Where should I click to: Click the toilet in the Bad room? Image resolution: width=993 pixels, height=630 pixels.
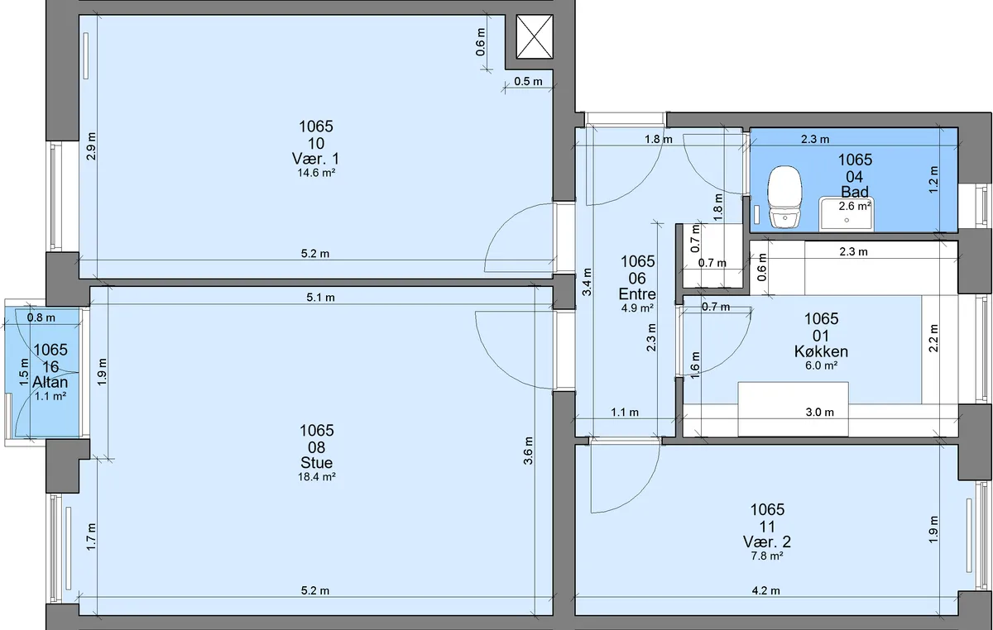(x=785, y=197)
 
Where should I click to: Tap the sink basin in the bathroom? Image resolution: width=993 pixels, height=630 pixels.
(x=847, y=214)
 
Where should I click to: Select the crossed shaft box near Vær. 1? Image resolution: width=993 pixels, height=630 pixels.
(x=535, y=36)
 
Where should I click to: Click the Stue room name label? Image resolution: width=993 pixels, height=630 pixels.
(x=316, y=462)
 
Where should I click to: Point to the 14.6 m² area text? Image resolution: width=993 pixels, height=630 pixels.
(x=316, y=173)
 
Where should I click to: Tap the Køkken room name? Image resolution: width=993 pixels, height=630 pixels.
(x=821, y=351)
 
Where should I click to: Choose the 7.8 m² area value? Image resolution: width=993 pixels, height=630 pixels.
(x=767, y=556)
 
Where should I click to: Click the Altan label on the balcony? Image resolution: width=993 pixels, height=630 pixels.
(x=50, y=382)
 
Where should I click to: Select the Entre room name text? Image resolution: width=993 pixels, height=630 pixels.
(x=637, y=294)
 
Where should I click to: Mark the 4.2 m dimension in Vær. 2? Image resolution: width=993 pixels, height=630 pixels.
(x=765, y=590)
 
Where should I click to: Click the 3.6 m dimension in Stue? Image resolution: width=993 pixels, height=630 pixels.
(x=528, y=451)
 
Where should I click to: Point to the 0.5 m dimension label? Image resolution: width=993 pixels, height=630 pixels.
(x=528, y=82)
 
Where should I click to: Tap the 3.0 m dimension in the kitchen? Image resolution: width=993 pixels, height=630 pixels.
(x=820, y=413)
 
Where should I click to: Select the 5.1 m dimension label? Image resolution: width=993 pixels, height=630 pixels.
(x=320, y=298)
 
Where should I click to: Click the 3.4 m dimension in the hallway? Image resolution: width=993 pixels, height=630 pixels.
(x=587, y=282)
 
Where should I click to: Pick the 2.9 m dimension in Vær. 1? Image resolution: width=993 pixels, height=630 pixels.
(x=91, y=146)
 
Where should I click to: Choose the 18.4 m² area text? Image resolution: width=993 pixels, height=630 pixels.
(x=316, y=477)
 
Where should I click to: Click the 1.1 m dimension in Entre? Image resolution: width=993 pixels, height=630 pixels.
(x=625, y=413)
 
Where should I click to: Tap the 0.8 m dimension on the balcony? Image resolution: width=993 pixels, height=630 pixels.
(x=41, y=317)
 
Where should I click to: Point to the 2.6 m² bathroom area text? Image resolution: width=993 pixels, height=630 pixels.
(x=855, y=206)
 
